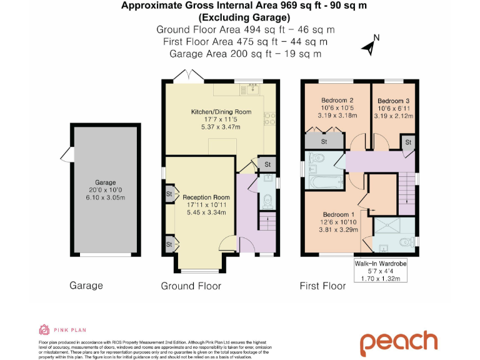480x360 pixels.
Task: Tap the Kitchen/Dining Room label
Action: (x=221, y=112)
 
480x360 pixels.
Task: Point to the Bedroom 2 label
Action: (x=337, y=100)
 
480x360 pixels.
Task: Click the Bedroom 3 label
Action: (x=393, y=101)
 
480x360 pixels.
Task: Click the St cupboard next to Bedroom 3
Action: (x=408, y=143)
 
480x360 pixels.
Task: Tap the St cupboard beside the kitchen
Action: (x=267, y=164)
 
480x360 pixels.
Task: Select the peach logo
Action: (x=397, y=342)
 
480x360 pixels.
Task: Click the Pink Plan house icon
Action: (x=44, y=329)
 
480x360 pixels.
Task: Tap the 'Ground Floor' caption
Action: (x=191, y=286)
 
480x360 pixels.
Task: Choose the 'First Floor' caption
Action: (x=323, y=286)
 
